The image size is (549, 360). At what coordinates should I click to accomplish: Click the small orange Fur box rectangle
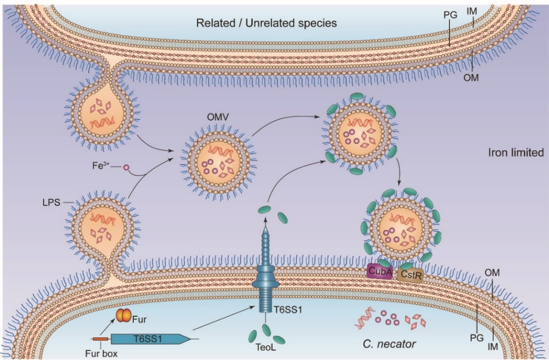(x=102, y=339)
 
